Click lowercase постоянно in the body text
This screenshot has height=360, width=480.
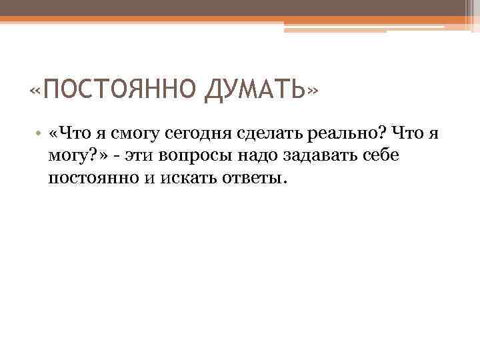(92, 178)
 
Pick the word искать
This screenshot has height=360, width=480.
(183, 178)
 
